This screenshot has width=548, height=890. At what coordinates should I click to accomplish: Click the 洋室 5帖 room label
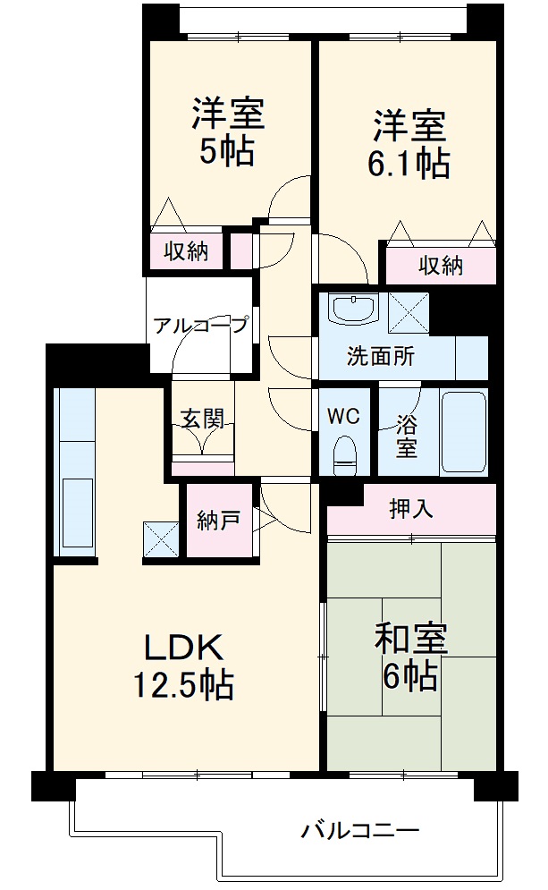(227, 133)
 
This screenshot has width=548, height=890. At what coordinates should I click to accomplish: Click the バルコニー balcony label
(359, 831)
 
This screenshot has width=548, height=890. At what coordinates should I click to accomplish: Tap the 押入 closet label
(411, 509)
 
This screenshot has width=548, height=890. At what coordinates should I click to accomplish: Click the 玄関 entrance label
(203, 419)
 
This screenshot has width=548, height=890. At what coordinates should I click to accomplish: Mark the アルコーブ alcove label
(200, 326)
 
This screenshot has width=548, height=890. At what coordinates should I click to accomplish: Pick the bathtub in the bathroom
(463, 433)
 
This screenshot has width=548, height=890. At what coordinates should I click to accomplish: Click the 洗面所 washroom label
(381, 356)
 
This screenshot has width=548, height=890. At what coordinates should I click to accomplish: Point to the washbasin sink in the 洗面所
(354, 309)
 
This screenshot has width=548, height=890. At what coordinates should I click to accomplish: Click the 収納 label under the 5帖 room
(186, 252)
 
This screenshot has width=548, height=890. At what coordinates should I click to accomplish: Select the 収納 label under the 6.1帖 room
(441, 266)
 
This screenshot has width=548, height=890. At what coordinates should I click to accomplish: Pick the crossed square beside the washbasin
(409, 312)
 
